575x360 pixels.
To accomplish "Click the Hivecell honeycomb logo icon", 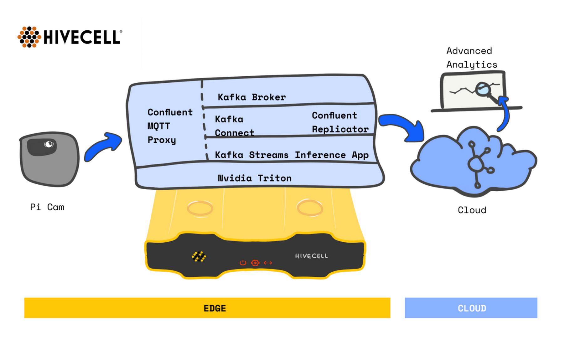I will tap(29, 37).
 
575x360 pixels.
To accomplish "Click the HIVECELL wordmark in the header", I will tap(82, 37).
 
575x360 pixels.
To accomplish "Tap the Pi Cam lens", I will tap(49, 144).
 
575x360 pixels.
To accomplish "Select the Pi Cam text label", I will tap(47, 207).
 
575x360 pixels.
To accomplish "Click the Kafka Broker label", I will tap(251, 97).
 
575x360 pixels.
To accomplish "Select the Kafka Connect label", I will tap(234, 126).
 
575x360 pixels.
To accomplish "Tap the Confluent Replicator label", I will tap(340, 122).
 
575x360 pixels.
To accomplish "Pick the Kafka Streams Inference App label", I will tap(291, 155).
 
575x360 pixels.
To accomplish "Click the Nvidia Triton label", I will tap(254, 178).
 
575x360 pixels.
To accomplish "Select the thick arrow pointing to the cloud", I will tap(402, 127).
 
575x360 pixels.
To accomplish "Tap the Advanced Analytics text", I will tap(471, 58).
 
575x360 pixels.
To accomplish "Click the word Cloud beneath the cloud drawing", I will tap(472, 210).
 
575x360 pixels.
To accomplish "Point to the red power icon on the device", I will tap(243, 263).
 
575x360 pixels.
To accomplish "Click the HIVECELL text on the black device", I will tap(311, 256).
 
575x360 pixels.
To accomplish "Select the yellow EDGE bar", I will tap(207, 308).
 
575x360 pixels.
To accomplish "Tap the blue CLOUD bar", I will tap(471, 308).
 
